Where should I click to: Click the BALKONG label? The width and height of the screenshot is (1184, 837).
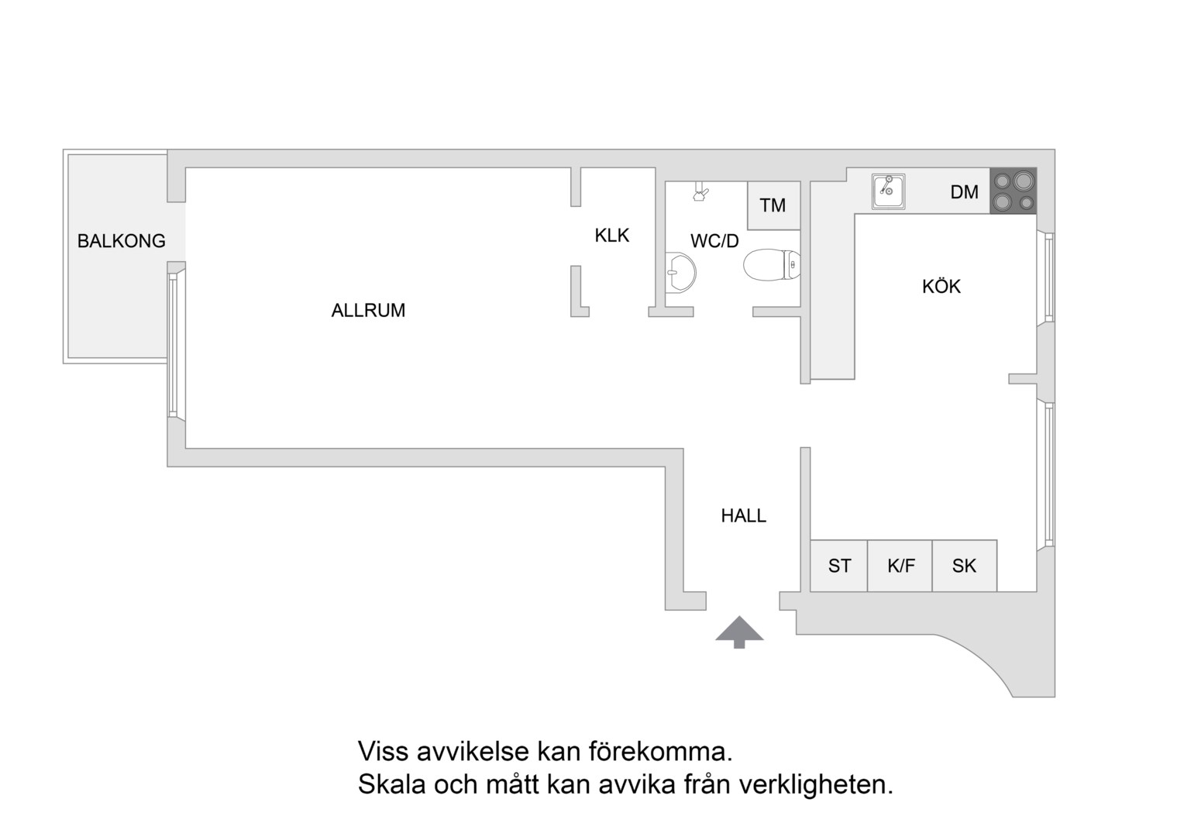coord(121,241)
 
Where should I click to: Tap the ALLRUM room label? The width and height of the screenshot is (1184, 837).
coord(368,311)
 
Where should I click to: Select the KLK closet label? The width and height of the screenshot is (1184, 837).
coord(612,236)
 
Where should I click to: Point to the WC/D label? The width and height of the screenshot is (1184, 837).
coord(714,241)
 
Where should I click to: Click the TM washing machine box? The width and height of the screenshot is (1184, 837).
coord(773,205)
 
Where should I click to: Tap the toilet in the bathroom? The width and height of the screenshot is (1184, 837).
coord(772,265)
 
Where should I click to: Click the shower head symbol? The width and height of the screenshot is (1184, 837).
coord(700,191)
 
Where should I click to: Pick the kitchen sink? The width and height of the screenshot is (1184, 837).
coord(888,191)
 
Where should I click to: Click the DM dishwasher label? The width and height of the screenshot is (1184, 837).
coord(964,192)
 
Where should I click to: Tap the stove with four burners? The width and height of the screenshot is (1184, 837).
coord(1013,191)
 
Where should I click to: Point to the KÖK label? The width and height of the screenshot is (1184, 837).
coord(941,287)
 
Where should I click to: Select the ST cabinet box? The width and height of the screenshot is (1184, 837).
coord(839,566)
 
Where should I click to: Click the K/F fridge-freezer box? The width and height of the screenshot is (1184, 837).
coord(900,566)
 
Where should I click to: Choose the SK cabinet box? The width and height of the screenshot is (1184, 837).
coord(964,566)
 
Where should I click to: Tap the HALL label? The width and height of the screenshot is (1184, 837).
coord(743,516)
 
